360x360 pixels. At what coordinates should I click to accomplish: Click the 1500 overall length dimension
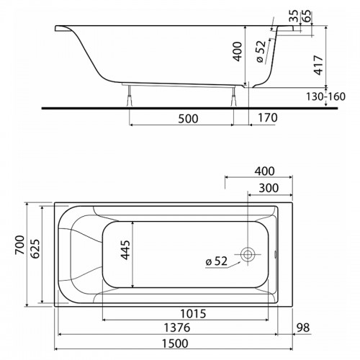pos(175,343)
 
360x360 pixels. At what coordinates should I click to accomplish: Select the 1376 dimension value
pos(177,328)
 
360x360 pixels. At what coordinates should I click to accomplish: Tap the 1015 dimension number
pos(193,313)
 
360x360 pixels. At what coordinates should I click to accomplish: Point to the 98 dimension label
pos(303,328)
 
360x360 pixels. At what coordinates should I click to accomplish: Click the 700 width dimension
pos(19,245)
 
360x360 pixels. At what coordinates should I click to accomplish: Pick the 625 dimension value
pos(35,248)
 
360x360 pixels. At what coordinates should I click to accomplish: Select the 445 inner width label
pos(125,250)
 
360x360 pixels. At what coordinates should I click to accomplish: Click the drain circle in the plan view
pos(248,254)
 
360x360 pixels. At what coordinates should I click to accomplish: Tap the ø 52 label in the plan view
pos(216,261)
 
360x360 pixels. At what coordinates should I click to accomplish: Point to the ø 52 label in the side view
pos(261,52)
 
